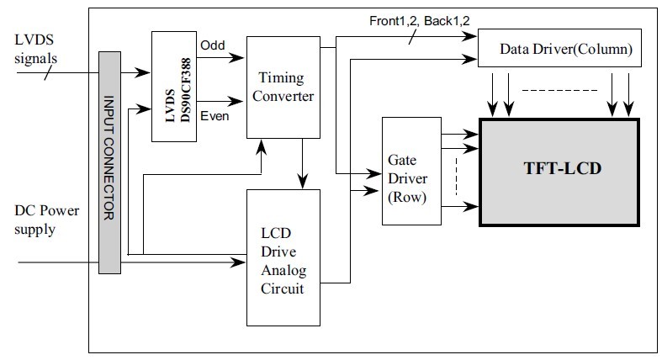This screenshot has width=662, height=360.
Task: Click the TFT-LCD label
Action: (x=563, y=168)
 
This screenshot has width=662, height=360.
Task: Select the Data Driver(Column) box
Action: (x=559, y=48)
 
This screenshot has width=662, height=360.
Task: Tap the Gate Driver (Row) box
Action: (x=411, y=171)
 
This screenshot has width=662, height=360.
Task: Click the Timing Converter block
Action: (x=283, y=87)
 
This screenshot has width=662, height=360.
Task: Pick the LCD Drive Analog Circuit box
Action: (x=283, y=257)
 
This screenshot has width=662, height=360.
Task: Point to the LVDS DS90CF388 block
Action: (x=174, y=87)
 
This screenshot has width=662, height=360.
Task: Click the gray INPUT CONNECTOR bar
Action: (x=109, y=162)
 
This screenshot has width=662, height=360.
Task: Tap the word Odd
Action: (x=212, y=45)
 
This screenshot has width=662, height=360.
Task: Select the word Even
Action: (x=214, y=115)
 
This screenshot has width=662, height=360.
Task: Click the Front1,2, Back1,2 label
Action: (x=419, y=21)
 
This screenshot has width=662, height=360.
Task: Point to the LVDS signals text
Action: (x=35, y=49)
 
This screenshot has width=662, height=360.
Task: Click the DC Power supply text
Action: (x=46, y=220)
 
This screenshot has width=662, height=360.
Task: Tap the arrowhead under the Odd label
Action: (x=236, y=57)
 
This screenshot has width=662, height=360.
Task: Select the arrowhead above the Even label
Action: (x=236, y=101)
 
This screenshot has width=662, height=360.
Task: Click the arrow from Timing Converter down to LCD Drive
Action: (x=302, y=163)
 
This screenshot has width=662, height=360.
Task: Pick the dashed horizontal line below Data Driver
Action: (x=560, y=90)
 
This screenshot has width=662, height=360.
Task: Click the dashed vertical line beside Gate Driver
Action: (x=457, y=177)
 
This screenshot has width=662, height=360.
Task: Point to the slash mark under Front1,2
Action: (x=412, y=37)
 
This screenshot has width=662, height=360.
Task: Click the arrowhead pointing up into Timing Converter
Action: (x=262, y=146)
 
